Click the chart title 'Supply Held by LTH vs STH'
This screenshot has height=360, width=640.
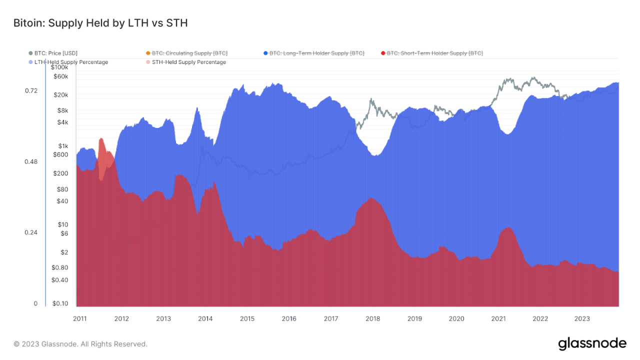click(x=100, y=23)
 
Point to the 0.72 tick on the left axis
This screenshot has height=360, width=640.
click(x=31, y=90)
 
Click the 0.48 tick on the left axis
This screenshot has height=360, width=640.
click(x=31, y=161)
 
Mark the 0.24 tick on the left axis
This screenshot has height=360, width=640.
click(x=31, y=232)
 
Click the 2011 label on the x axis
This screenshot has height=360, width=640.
click(x=79, y=318)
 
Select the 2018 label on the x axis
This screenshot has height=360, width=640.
click(x=372, y=318)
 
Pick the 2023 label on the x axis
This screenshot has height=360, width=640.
click(x=581, y=318)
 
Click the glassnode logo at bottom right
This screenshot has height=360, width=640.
click(x=592, y=343)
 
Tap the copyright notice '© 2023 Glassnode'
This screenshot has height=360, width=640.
click(x=80, y=344)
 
